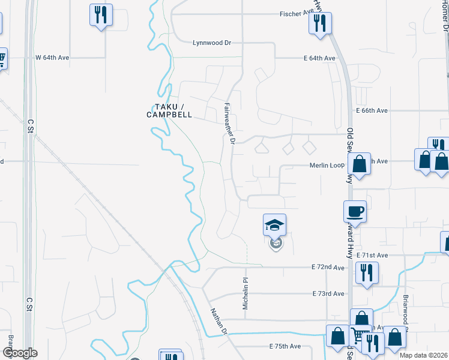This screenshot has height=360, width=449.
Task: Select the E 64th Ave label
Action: point(319,58)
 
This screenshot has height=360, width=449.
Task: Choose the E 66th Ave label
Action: point(372,111)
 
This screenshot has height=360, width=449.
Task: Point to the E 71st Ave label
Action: point(372,256)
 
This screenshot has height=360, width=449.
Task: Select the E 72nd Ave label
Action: point(328,267)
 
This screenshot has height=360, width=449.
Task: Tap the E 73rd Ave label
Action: point(328,293)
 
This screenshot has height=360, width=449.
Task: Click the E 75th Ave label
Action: point(285,347)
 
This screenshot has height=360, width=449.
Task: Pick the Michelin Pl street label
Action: point(246,294)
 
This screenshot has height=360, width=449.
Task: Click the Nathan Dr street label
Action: point(218,322)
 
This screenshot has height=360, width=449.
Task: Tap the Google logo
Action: point(19,353)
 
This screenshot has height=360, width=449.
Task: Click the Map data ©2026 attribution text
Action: point(423,355)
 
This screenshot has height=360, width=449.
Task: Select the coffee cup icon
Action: point(354,211)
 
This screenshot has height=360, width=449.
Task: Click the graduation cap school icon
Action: point(275,225)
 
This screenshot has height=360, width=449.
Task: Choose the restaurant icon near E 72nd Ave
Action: point(366,272)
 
